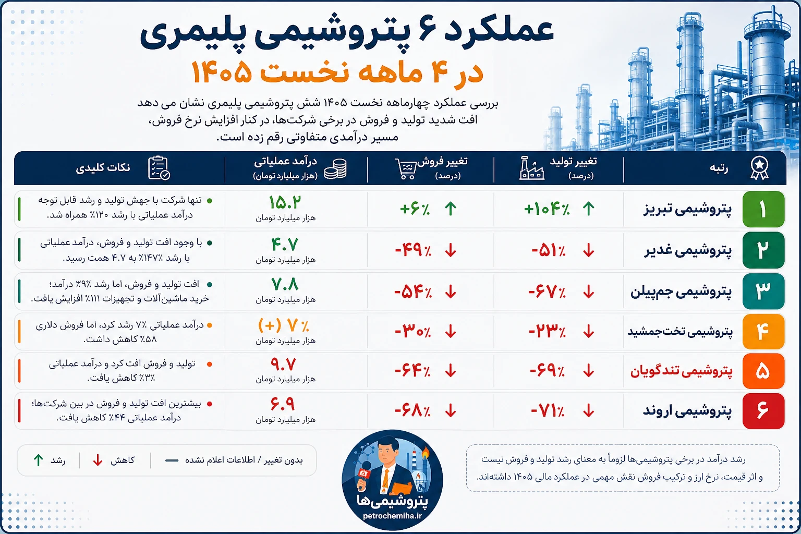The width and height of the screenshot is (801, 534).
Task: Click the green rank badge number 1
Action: (763, 209)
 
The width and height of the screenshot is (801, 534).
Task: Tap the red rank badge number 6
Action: (763, 410)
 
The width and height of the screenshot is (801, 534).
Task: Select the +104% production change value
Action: (547, 209)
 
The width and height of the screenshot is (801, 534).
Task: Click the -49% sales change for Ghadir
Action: (413, 250)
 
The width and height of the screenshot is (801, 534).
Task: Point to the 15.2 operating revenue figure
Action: (285, 202)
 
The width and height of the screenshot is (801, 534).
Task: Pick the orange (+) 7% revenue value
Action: (283, 325)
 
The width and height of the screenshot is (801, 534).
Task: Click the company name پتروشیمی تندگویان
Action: (681, 371)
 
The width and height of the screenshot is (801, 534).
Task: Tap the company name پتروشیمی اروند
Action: (687, 410)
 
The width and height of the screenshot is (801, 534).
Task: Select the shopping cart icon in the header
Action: (406, 168)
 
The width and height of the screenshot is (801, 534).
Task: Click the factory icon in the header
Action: (532, 167)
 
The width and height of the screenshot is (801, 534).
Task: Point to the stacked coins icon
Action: (335, 168)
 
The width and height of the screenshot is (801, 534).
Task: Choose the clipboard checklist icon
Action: (159, 168)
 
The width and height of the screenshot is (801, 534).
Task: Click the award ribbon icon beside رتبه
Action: (759, 168)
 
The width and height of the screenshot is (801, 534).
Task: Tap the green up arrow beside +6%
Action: (451, 209)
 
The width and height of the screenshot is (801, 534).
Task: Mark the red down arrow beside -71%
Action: (589, 410)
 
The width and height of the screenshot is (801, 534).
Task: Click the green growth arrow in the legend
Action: (38, 460)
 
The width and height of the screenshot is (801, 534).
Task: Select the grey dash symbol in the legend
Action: (172, 460)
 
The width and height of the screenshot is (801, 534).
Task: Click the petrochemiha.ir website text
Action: (392, 516)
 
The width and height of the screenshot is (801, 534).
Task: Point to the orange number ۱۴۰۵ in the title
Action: (222, 72)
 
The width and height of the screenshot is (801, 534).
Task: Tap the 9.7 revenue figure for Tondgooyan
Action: (283, 365)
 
